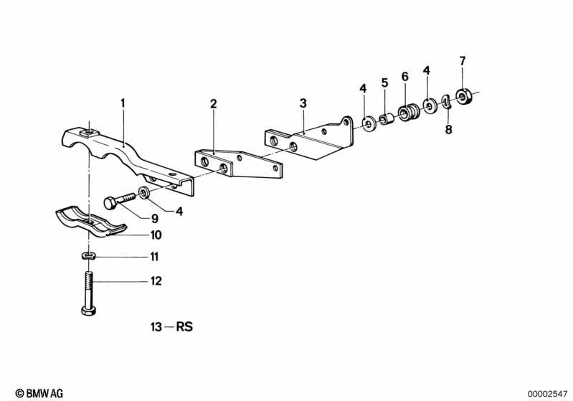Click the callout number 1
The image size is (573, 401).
123,103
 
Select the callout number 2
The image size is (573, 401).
214,103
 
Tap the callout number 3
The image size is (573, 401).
303,103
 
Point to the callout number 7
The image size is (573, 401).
463,61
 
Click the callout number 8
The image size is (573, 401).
448,129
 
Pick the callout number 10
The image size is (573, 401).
156,235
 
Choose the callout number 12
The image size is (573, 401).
156,280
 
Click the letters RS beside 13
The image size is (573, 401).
184,326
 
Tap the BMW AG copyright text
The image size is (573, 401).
39,393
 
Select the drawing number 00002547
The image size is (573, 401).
547,394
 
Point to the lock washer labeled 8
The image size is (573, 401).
447,102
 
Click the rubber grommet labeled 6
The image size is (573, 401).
409,112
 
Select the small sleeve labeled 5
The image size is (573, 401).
386,119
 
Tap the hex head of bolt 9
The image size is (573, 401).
110,203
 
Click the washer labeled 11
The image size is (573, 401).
88,255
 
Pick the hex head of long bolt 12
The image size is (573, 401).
88,311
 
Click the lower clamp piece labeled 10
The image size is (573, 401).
90,222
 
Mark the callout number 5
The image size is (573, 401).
384,82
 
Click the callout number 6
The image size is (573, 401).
405,77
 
